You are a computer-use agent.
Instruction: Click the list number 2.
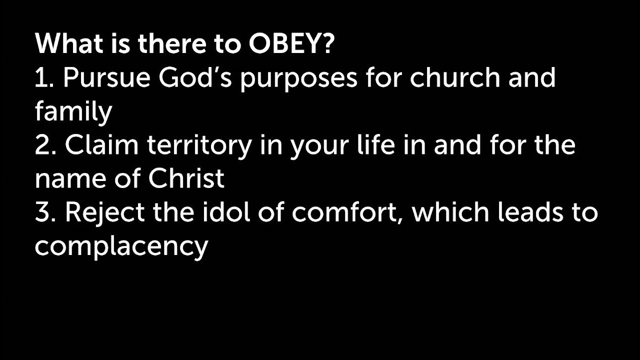(44, 145)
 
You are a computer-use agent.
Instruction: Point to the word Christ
(186, 179)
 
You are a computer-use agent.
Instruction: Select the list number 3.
(44, 212)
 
